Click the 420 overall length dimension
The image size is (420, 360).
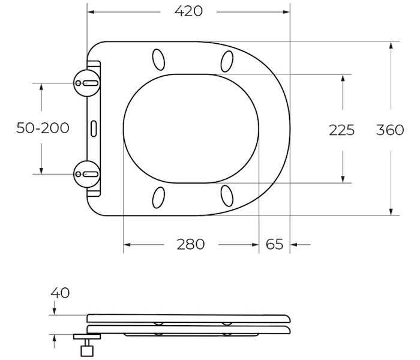(x=188, y=11)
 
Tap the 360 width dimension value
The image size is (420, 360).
(x=390, y=130)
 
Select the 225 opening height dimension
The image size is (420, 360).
(x=342, y=130)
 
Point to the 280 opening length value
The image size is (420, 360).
(x=191, y=244)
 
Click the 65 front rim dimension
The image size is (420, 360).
(x=275, y=244)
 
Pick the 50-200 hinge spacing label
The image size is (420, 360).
(x=43, y=128)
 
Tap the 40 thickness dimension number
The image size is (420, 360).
(x=60, y=293)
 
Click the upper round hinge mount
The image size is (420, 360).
(x=87, y=83)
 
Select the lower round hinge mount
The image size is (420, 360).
(x=87, y=175)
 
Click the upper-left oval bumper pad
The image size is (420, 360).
(x=158, y=59)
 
